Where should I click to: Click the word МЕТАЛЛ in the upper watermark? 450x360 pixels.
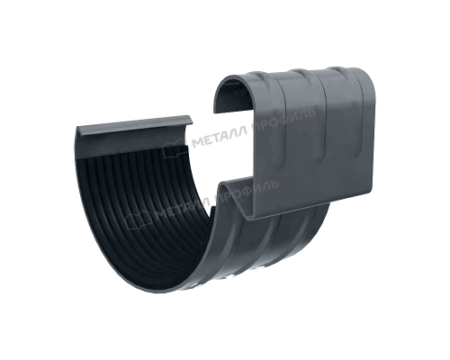[220, 136]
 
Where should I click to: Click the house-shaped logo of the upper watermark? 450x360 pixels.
[175, 148]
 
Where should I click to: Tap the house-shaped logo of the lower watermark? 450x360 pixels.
[138, 220]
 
